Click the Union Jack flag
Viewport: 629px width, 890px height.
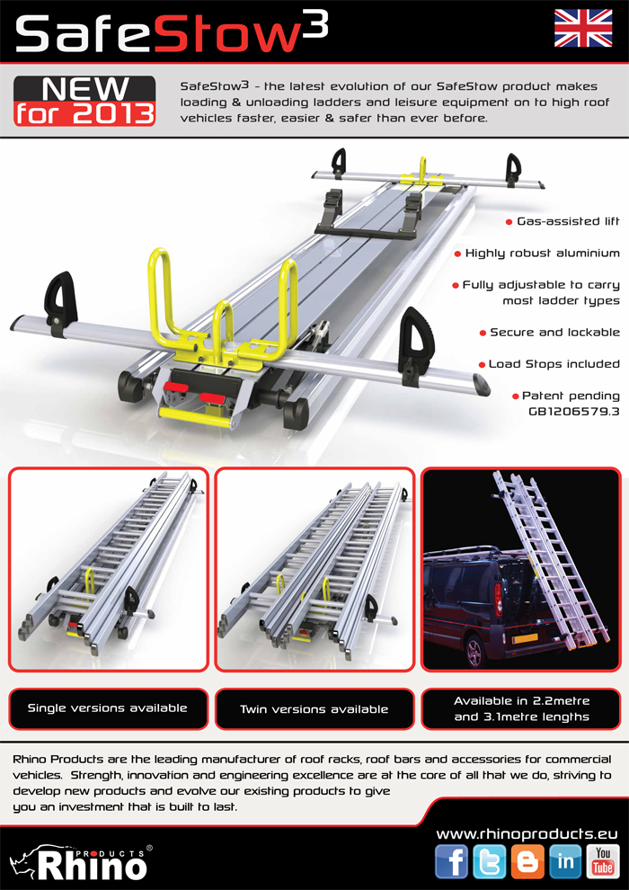[x=583, y=29]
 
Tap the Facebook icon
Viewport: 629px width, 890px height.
[x=451, y=861]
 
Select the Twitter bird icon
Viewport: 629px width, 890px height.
[x=489, y=861]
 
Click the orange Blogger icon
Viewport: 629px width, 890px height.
[x=527, y=861]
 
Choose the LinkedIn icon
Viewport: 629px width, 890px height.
[x=565, y=861]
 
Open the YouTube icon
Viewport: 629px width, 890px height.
[x=603, y=861]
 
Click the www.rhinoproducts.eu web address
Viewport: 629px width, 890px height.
[x=527, y=833]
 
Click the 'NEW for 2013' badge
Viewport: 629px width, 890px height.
[x=84, y=101]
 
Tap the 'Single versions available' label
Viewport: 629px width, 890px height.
[x=108, y=708]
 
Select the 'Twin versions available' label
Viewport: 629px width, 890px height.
[x=314, y=709]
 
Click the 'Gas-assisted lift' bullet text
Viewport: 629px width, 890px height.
[x=568, y=221]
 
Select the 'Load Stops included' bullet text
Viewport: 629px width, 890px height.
[x=554, y=364]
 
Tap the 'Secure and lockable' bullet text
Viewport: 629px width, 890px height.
[x=554, y=332]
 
